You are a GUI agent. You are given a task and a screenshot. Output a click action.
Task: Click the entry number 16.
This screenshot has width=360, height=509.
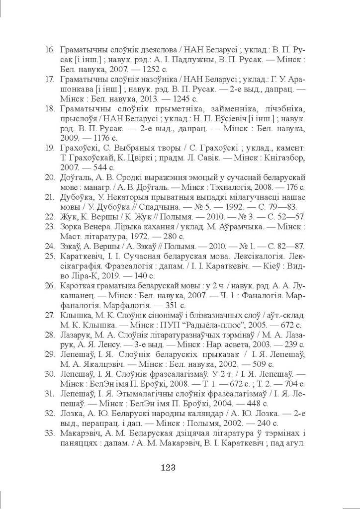(49, 50)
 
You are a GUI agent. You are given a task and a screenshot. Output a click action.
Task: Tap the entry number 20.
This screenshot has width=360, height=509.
(49, 177)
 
